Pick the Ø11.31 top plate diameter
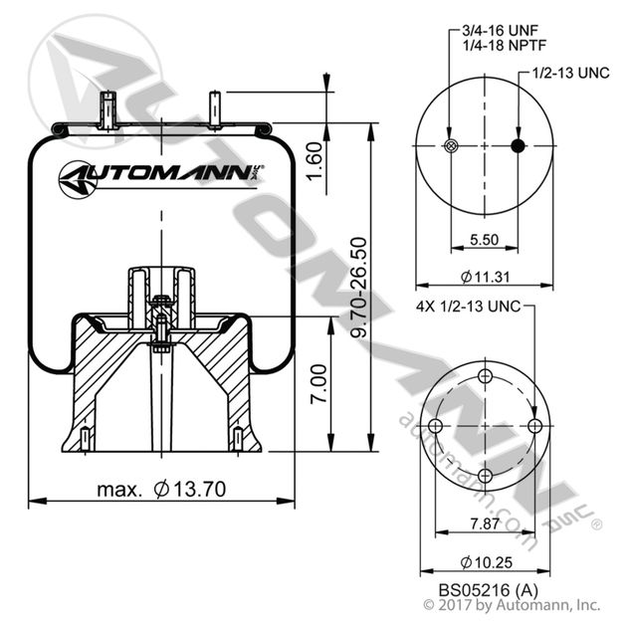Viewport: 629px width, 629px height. coord(483,277)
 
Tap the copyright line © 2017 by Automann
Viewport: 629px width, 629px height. coord(512,604)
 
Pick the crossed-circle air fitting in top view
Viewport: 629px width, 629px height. coord(450,147)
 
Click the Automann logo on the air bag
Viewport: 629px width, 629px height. coord(159,177)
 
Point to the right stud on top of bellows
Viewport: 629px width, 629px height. coord(213,107)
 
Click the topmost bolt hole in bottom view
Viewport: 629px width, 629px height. coord(485,376)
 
